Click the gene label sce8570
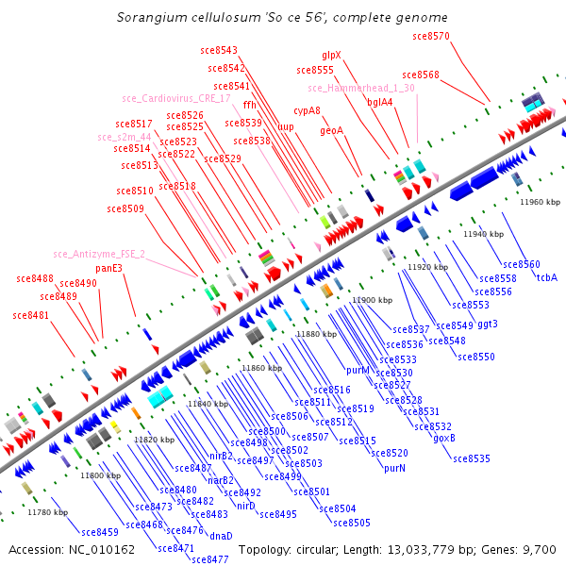click(431, 36)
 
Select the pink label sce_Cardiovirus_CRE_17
click(176, 98)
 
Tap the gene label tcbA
click(547, 277)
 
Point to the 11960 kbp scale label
click(540, 202)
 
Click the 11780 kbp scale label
click(48, 512)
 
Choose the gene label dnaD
click(221, 536)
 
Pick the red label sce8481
click(31, 315)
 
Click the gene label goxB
click(444, 438)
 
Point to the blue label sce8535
click(472, 458)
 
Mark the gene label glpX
click(332, 56)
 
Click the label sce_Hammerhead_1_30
click(361, 88)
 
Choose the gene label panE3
click(109, 268)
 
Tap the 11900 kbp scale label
click(372, 300)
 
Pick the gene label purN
click(394, 468)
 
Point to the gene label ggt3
click(487, 324)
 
